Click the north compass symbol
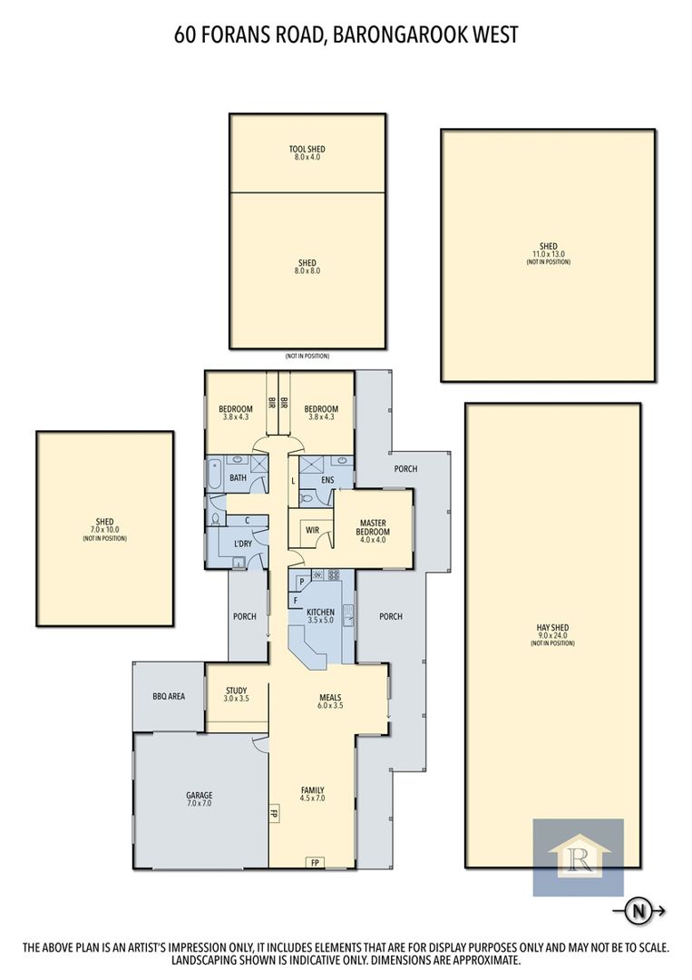tap(638, 911)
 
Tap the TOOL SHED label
tap(307, 149)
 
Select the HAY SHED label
tap(552, 628)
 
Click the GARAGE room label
tap(200, 795)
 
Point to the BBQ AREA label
tap(169, 696)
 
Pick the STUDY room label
tap(236, 691)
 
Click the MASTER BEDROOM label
tap(373, 527)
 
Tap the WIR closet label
tap(312, 530)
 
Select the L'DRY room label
tap(243, 544)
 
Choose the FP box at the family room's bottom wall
tap(315, 863)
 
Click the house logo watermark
tap(579, 857)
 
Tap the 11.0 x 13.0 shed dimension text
tap(549, 254)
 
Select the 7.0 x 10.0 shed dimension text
tap(105, 530)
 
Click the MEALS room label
tap(330, 698)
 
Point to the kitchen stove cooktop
tap(334, 574)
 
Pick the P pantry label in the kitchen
tap(301, 582)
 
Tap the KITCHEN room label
tap(320, 612)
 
